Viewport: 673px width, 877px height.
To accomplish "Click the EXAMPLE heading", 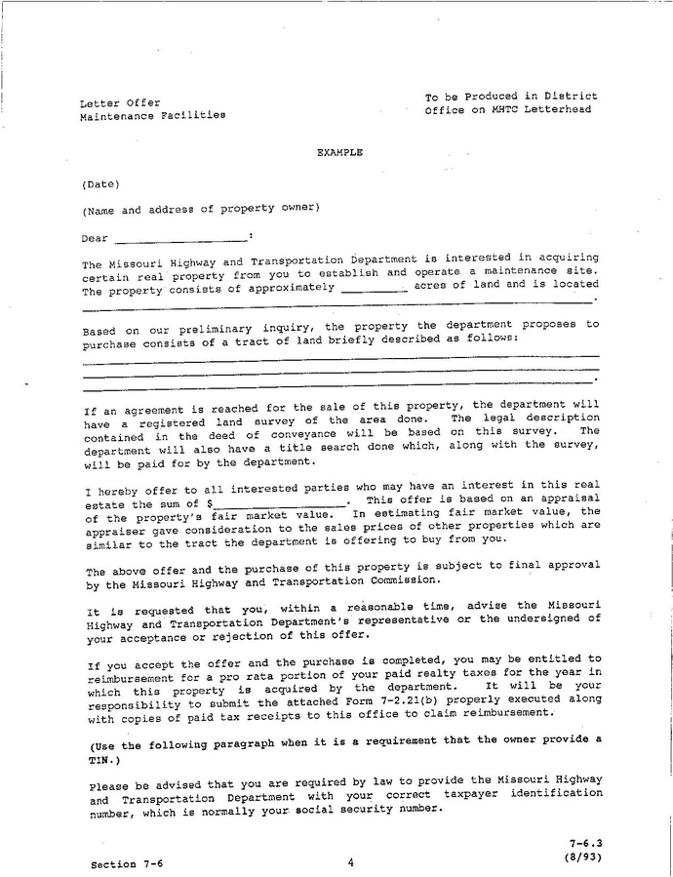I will point(339,153).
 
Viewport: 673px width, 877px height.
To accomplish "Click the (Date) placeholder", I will point(100,183).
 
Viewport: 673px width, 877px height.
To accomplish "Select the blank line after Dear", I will point(180,237).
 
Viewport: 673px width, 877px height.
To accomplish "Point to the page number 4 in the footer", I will point(349,861).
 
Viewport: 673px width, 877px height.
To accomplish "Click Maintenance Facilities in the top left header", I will point(152,115).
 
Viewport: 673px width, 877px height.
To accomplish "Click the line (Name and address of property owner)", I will point(200,209).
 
